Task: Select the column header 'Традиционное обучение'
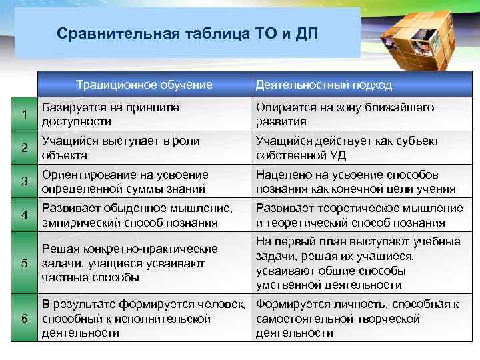coord(144,85)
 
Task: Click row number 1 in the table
coord(23,115)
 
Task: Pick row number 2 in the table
coord(23,148)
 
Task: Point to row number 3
coord(23,181)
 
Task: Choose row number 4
coord(23,215)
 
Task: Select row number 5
coord(23,263)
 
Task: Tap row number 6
coord(23,318)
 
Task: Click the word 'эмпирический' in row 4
coord(75,223)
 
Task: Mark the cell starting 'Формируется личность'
coord(357,318)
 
